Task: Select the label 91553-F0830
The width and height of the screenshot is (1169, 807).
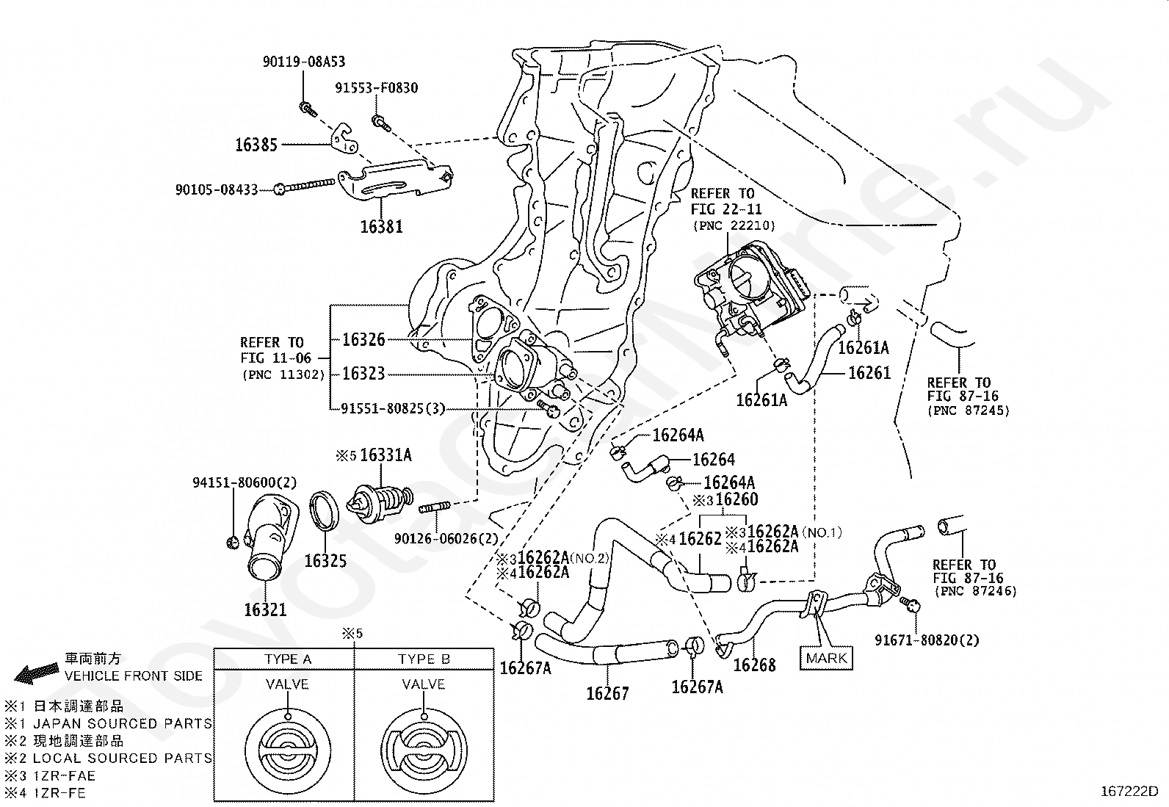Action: [377, 88]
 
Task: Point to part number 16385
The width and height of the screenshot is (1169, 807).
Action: [256, 145]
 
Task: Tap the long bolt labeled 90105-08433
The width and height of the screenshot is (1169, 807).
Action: [308, 189]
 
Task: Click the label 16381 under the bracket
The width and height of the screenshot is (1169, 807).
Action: [381, 226]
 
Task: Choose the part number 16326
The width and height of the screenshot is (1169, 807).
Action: [363, 339]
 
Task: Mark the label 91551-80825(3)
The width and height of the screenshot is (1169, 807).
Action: [393, 408]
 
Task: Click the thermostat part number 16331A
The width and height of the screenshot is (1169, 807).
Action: [386, 455]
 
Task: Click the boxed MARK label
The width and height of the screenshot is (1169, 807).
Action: [826, 657]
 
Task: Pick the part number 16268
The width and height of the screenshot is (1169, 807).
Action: [755, 665]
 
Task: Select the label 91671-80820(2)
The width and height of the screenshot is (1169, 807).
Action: [927, 640]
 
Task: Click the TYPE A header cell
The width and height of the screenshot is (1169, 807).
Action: [288, 659]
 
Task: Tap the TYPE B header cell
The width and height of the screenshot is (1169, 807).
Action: [424, 659]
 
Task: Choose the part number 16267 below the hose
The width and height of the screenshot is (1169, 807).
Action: [607, 693]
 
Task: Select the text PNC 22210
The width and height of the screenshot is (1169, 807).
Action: [734, 225]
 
